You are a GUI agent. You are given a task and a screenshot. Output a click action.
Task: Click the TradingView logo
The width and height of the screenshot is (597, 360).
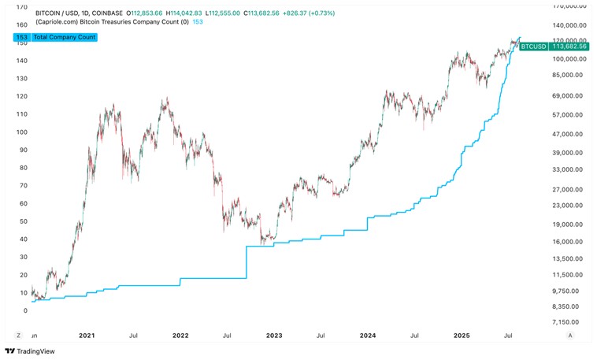pos(25,351)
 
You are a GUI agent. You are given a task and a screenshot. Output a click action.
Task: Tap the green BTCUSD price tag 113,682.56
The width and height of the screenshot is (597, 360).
pos(559,46)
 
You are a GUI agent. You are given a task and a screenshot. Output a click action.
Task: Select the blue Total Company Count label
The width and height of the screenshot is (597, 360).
pos(59,38)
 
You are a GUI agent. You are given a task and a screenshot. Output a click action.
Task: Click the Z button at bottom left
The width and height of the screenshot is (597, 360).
pos(18,335)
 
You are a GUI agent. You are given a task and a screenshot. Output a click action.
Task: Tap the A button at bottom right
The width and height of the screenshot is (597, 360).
pos(569,335)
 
